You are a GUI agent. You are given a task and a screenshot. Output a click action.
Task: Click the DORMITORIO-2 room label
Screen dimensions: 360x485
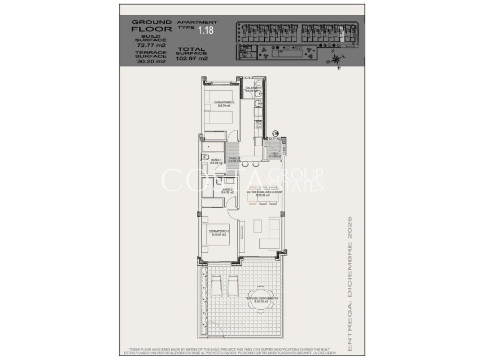tap(216, 103)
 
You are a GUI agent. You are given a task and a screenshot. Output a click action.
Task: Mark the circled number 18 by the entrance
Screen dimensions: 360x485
tap(276, 133)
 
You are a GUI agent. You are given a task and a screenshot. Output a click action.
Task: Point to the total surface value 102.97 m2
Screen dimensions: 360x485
tap(192, 58)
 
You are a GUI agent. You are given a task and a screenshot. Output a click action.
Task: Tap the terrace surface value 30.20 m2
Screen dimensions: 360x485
tap(151, 62)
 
